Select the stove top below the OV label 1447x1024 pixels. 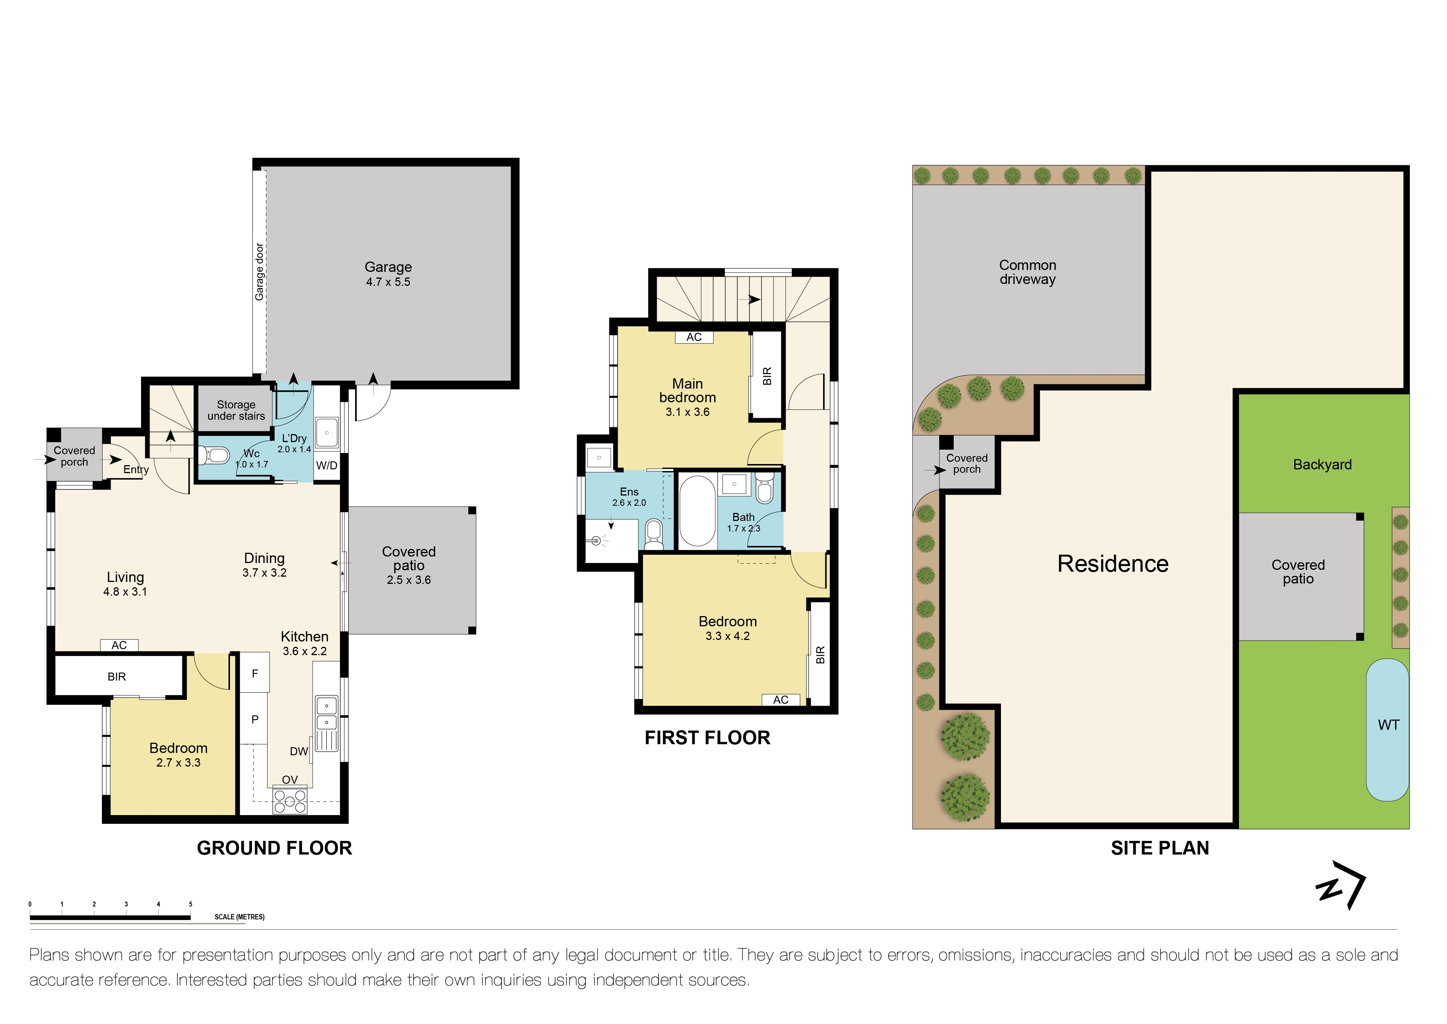tap(290, 802)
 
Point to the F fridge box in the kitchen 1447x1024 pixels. tap(255, 673)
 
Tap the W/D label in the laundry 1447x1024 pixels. tap(327, 465)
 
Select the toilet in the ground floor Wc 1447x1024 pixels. tap(215, 455)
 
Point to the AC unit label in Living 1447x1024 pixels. tap(119, 645)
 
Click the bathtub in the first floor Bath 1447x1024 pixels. tap(697, 511)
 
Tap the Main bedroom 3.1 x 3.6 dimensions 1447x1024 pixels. tap(688, 412)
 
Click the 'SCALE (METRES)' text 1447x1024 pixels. tap(239, 917)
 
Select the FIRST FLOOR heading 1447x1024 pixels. tap(707, 738)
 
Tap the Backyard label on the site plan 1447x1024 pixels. tap(1322, 465)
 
